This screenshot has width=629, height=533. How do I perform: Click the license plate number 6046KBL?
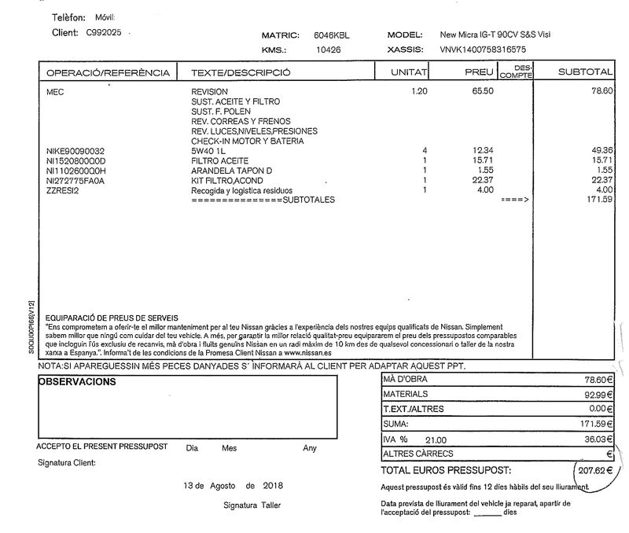point(333,35)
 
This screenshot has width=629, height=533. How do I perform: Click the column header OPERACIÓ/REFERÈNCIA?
point(109,73)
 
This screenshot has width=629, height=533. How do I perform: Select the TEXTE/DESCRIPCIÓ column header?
point(241,73)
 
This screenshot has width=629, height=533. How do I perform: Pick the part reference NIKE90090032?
point(75,150)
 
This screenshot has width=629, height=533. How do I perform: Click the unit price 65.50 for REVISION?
point(482,91)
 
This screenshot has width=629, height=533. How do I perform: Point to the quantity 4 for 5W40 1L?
point(424,150)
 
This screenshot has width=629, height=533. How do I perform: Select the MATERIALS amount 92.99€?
point(598,395)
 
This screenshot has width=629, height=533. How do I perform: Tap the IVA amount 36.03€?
point(598,440)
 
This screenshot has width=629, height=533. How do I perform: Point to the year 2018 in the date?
point(274,485)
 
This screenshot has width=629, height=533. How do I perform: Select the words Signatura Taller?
point(252,505)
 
